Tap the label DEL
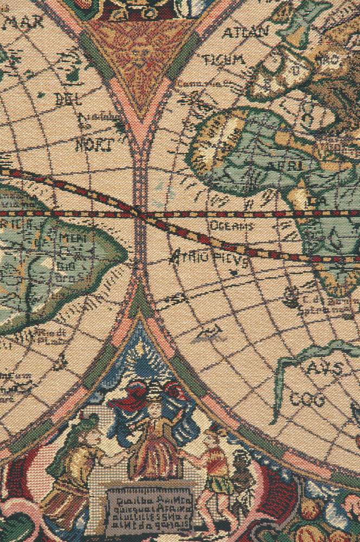coord(68,100)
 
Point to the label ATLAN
coord(245,33)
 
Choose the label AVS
coord(325,369)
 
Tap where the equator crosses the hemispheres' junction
coord(140,214)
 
